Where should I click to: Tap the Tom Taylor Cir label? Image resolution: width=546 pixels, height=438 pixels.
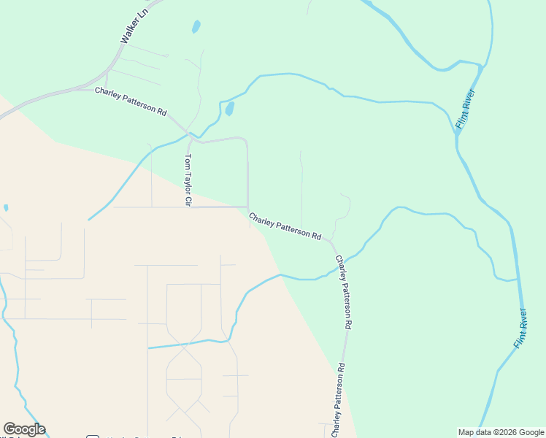[187, 180]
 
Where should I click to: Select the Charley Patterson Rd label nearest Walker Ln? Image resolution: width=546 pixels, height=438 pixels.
[131, 102]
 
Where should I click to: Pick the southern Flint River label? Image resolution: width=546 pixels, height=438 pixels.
[520, 328]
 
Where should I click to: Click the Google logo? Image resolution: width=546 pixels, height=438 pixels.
[24, 429]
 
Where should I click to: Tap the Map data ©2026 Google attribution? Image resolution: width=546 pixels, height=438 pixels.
[501, 432]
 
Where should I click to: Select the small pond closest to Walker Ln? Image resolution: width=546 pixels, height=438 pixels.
[196, 27]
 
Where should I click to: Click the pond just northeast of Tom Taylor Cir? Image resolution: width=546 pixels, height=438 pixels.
[229, 109]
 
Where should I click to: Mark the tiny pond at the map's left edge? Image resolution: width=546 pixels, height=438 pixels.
[6, 208]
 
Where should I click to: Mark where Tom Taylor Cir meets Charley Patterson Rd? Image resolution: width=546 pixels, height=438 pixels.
[191, 135]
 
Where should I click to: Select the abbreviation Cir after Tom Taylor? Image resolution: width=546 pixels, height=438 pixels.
[187, 201]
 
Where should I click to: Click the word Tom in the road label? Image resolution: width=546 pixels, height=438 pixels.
[187, 160]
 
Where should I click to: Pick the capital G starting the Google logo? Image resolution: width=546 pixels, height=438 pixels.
[9, 429]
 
